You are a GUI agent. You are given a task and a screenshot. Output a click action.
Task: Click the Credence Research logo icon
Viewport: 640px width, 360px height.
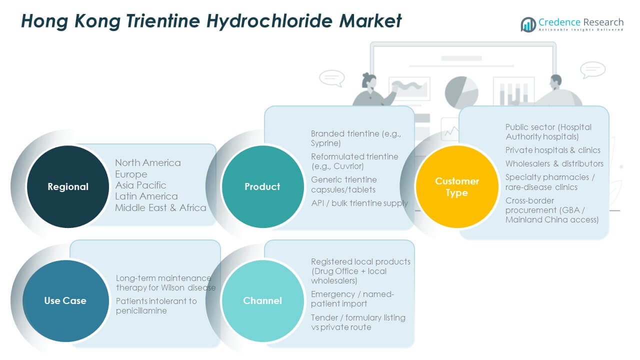[x=528, y=24]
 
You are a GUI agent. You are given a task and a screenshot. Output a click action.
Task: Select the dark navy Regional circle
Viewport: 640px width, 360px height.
[x=67, y=187]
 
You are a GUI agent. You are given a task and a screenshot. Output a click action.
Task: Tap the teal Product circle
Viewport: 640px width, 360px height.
[x=262, y=187]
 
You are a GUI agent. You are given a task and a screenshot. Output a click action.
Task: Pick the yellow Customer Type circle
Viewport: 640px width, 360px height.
[x=457, y=186]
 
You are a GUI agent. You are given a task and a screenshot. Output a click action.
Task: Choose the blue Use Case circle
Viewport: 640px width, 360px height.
[x=65, y=301]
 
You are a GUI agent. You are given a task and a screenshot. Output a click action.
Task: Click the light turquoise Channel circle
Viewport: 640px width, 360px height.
[x=262, y=301]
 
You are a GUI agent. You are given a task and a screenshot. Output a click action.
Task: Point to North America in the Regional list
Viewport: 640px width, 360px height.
[x=148, y=163]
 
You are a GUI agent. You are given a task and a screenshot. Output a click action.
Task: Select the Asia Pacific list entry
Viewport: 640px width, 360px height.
[x=140, y=185]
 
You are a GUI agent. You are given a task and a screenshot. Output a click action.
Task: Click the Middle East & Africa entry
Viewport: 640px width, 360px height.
[x=160, y=207]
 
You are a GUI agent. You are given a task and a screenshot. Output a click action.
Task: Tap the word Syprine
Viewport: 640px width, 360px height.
[x=326, y=143]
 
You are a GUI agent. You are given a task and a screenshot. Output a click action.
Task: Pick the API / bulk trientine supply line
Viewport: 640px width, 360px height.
[x=359, y=203]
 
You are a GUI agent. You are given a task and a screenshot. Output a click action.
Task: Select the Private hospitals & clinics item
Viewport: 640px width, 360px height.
[x=552, y=150]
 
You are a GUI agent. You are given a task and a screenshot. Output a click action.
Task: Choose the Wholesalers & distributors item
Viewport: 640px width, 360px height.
[x=554, y=163]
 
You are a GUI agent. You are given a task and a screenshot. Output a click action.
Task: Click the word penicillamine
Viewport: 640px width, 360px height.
[x=141, y=310]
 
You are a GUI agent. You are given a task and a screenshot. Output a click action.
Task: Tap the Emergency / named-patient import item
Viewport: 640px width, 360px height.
[x=352, y=299]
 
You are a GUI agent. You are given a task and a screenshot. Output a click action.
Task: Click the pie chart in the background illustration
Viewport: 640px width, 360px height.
[x=461, y=92]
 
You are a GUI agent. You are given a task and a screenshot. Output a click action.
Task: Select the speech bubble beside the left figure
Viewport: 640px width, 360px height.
[x=331, y=77]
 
